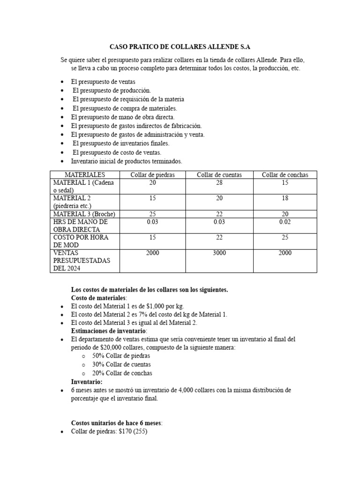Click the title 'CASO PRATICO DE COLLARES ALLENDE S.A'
click(180, 47)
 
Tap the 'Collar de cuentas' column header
click(219, 175)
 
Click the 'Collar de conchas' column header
click(285, 175)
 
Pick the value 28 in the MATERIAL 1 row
click(219, 183)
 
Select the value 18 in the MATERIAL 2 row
click(285, 198)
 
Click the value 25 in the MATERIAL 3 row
click(152, 214)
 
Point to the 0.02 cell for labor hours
click(285, 222)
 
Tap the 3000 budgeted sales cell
click(219, 253)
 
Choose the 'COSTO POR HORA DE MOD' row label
click(81, 241)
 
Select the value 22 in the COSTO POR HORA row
click(219, 237)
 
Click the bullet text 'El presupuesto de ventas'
click(103, 82)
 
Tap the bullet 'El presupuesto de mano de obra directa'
click(123, 117)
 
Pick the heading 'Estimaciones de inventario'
click(107, 331)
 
